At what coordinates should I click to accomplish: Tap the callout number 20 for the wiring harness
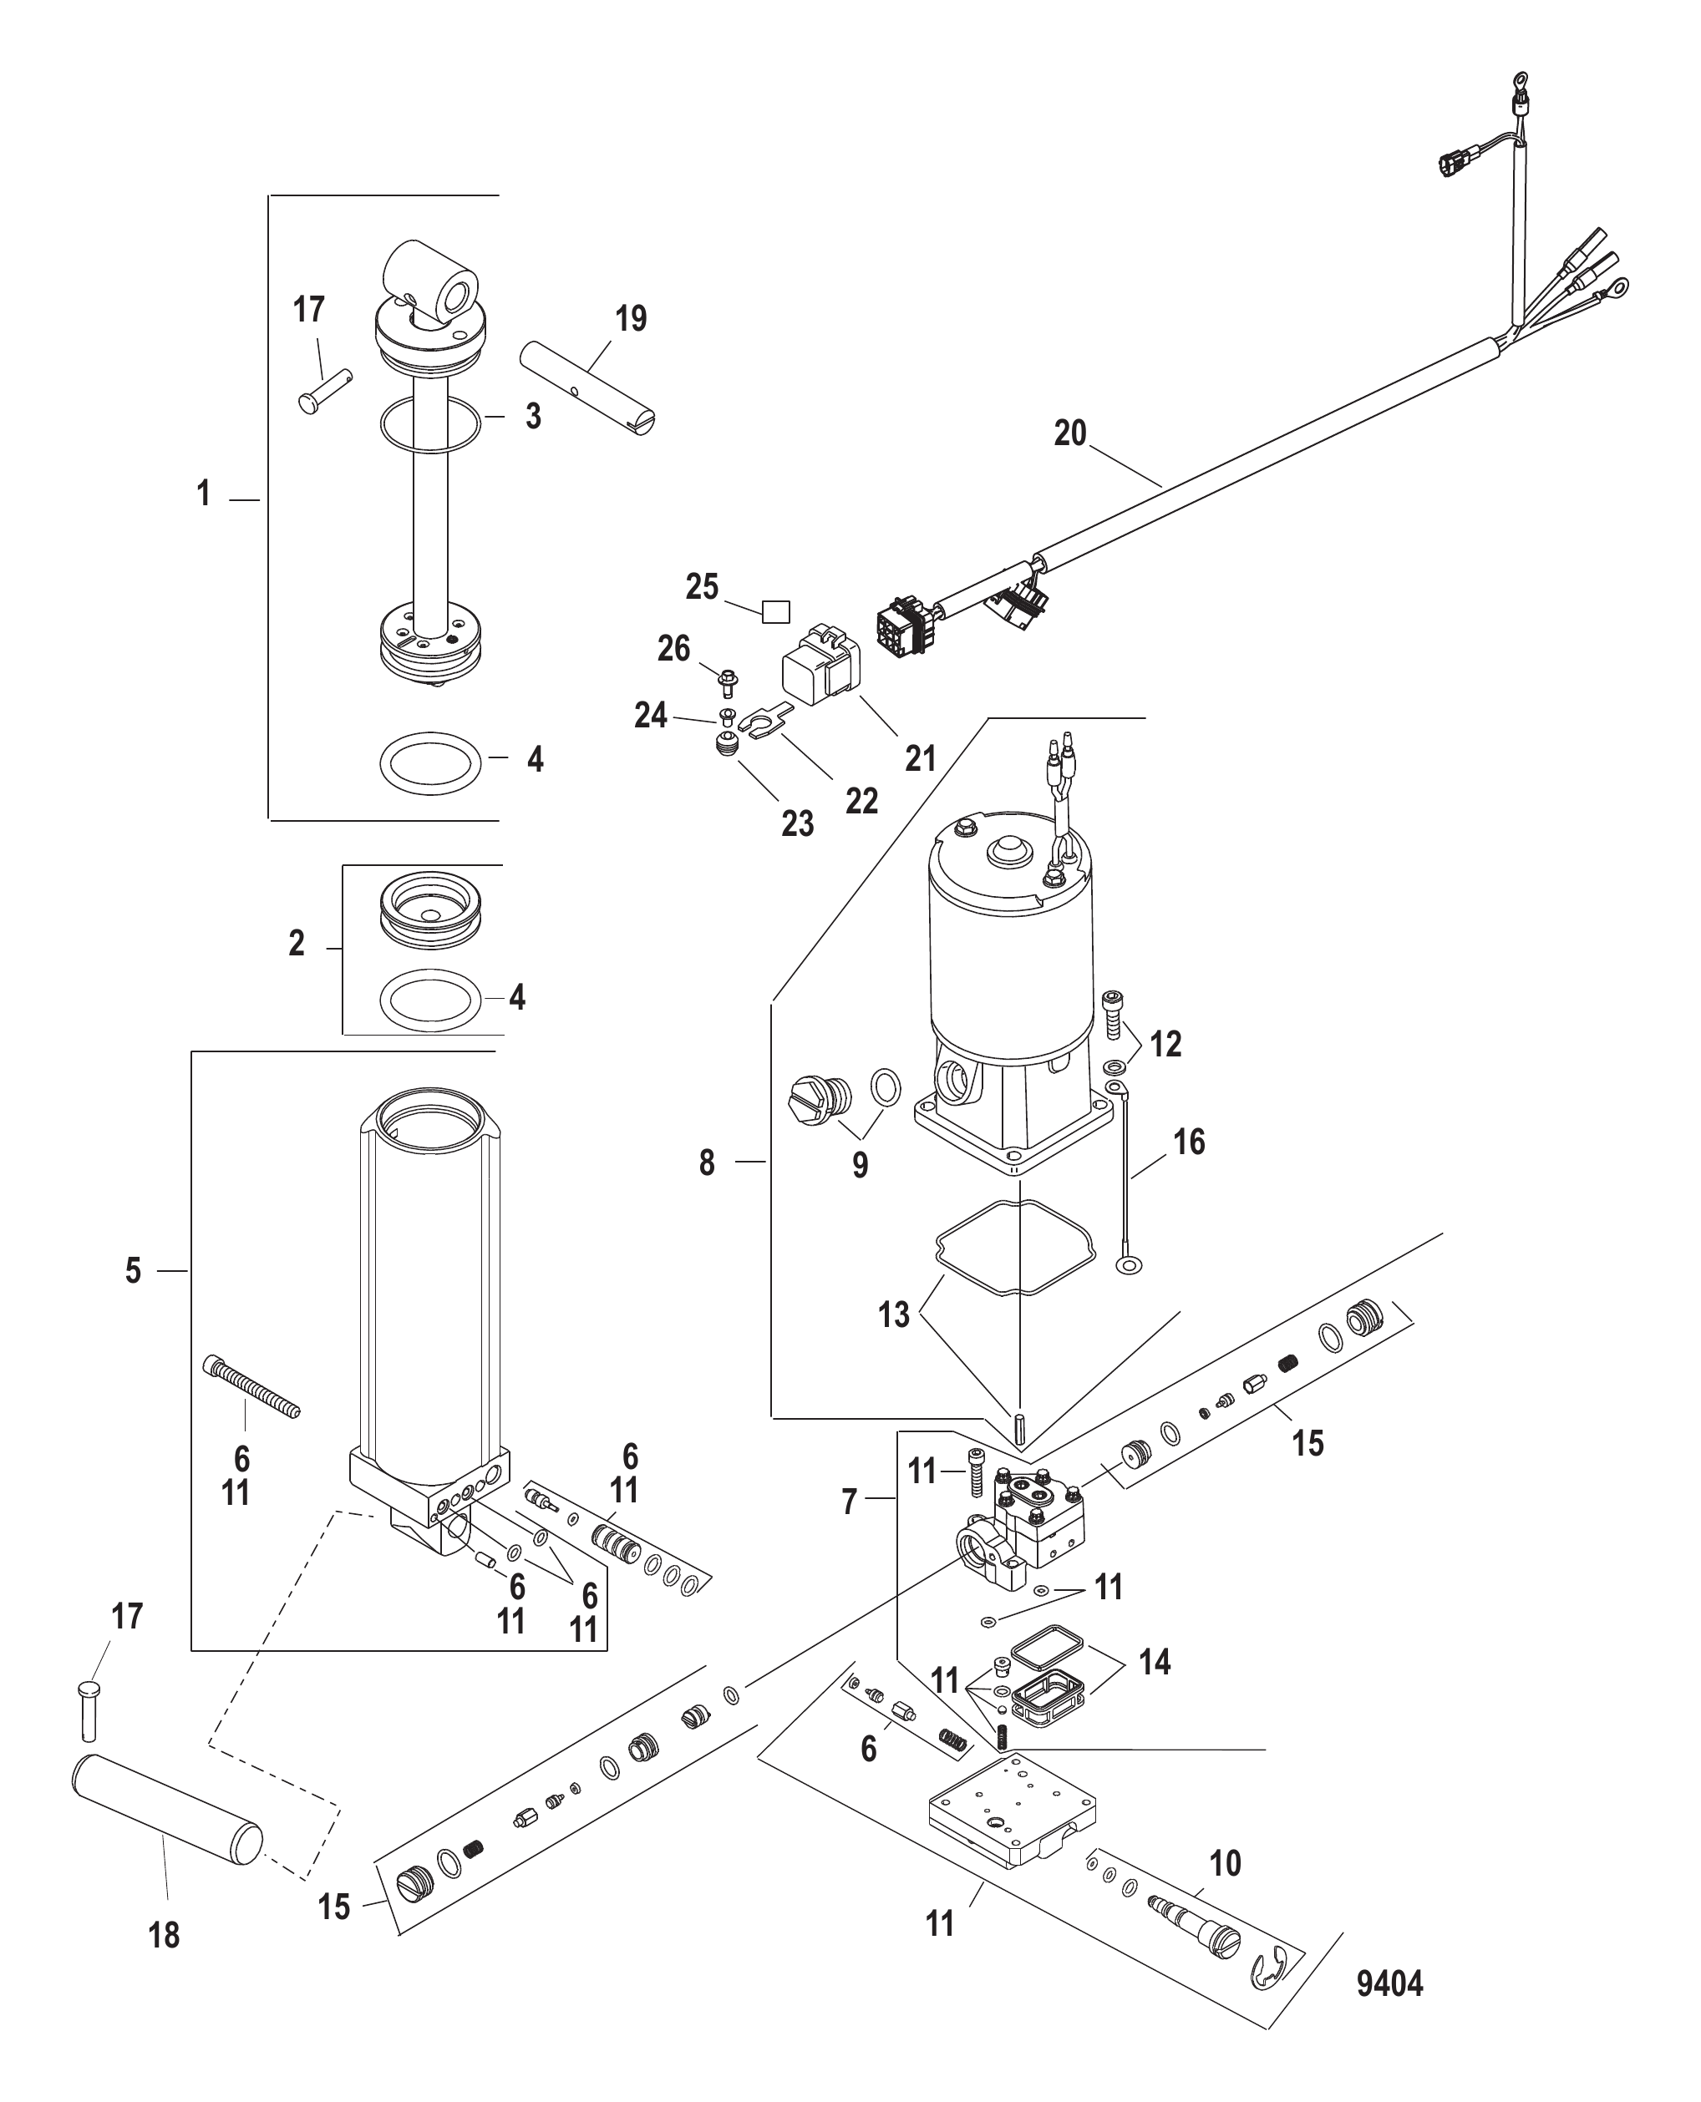pyautogui.click(x=1070, y=433)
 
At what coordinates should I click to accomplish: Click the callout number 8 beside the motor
pyautogui.click(x=707, y=1162)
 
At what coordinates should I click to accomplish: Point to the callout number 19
pyautogui.click(x=631, y=318)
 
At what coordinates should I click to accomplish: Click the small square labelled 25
pyautogui.click(x=776, y=612)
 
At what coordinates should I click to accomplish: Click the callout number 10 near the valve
pyautogui.click(x=1225, y=1862)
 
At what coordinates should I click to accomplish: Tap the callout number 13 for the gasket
pyautogui.click(x=894, y=1314)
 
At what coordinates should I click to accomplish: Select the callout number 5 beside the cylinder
pyautogui.click(x=134, y=1270)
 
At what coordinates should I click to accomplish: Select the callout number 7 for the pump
pyautogui.click(x=850, y=1502)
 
